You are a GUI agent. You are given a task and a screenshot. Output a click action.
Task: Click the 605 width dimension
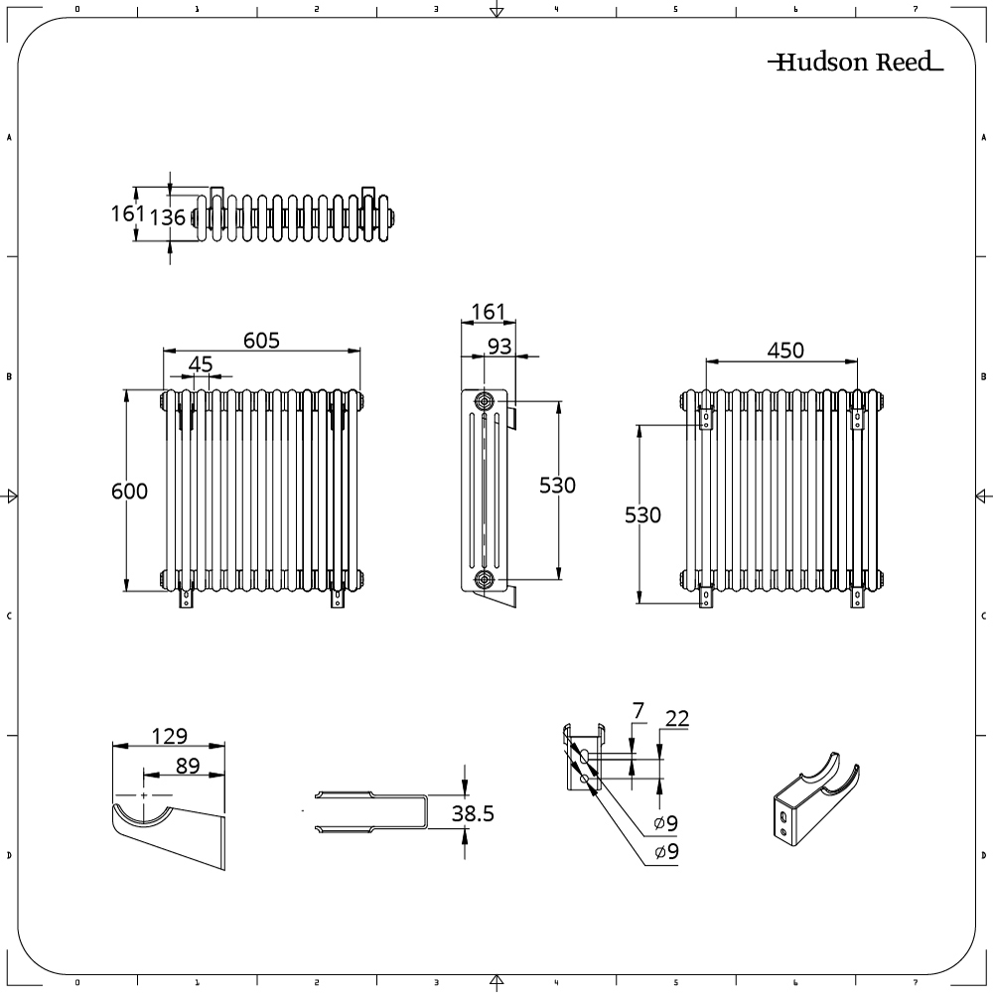[262, 340]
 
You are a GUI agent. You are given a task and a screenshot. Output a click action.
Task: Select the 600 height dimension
[129, 491]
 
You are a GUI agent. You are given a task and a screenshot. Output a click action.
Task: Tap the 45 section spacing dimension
[201, 364]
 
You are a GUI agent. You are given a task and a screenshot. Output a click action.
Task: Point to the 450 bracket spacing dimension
[784, 350]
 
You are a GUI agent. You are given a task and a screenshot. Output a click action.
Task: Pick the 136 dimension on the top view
[168, 216]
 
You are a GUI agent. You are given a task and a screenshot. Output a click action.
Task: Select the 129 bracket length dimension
[171, 736]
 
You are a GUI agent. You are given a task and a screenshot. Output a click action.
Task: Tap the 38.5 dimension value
[473, 814]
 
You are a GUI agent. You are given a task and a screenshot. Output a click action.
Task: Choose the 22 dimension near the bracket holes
[677, 719]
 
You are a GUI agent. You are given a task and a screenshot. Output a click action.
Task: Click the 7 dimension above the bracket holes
[638, 710]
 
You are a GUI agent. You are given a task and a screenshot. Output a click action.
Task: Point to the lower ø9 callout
[665, 853]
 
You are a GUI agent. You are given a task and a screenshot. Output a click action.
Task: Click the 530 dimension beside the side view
[557, 486]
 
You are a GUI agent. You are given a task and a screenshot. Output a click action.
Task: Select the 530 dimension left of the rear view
[642, 515]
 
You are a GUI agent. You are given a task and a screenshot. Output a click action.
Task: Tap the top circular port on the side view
[485, 401]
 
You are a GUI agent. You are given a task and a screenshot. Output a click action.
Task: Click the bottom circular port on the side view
[485, 579]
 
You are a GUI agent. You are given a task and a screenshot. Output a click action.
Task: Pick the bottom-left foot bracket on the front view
[185, 598]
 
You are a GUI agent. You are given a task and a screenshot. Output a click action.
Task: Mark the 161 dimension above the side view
[488, 312]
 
